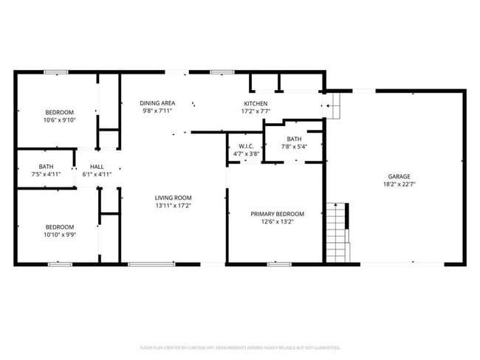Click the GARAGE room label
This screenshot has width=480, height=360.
coord(399,176)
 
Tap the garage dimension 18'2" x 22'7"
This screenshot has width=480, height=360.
coord(399,184)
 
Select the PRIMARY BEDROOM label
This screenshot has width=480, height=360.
coord(277,214)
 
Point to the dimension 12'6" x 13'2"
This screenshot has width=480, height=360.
coord(277,221)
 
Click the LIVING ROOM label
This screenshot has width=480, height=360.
coord(173,198)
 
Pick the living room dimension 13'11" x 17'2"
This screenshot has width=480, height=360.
coord(173,206)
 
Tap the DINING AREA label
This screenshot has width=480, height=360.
coord(158,103)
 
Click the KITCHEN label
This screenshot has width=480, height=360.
coord(256,103)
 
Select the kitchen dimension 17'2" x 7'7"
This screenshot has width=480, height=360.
coord(256,111)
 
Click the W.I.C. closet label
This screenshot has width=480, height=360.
coord(246,146)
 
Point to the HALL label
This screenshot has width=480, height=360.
coord(96,167)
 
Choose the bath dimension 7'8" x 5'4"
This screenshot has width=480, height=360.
coord(294,146)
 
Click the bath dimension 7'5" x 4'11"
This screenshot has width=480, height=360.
coord(46,175)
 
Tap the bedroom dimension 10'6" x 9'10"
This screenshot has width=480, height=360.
coord(60,120)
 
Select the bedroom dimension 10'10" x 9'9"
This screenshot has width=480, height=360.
coord(60,235)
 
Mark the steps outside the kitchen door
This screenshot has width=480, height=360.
coord(336,105)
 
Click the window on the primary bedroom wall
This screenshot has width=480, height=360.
coord(278,263)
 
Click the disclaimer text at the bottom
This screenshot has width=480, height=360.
coord(240,347)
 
